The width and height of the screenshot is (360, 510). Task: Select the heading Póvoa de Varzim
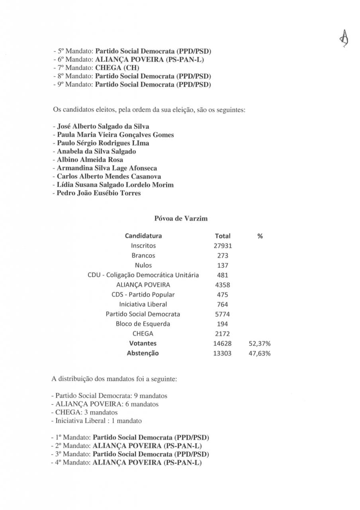coord(180,218)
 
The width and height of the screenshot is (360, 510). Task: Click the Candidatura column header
coord(143,236)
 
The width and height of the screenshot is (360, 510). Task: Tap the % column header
coord(260,236)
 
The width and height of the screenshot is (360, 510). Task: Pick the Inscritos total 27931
coord(223,246)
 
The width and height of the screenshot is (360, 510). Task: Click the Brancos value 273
coord(223,256)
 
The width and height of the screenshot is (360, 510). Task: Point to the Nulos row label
coord(143,265)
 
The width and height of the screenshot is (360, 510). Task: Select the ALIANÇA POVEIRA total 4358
coord(223,285)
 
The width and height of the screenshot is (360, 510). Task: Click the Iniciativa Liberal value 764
coord(223,305)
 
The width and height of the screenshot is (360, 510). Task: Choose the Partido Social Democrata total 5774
coord(223,314)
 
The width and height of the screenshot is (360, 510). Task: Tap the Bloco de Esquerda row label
coord(143,324)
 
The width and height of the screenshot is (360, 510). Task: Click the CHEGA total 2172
coord(223,334)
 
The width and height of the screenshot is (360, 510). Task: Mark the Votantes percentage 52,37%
coord(260,344)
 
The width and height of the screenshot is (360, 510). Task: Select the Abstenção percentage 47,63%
coord(260,353)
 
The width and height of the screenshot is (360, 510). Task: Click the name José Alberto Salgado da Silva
coord(103,126)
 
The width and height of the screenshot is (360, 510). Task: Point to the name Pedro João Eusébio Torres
coord(98,193)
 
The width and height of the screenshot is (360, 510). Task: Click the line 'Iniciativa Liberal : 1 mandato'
coord(96,420)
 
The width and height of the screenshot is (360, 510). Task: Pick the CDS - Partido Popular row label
coord(143,295)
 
